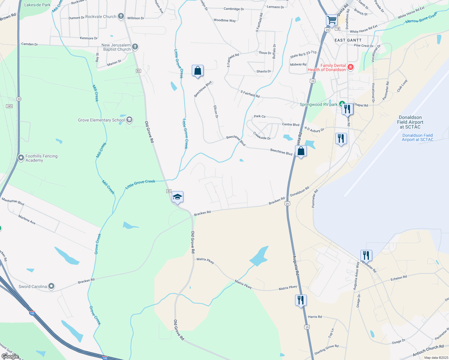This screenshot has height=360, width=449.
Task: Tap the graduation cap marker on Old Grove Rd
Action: click(x=177, y=197)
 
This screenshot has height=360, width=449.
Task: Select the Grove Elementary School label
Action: click(x=101, y=120)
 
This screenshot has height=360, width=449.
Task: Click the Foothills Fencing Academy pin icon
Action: click(x=21, y=157)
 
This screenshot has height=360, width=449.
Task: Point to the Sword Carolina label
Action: click(x=33, y=286)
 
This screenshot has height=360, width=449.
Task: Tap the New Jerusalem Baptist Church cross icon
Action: click(x=135, y=46)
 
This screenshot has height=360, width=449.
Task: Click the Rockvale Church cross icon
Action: click(x=121, y=16)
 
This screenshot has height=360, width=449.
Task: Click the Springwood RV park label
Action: click(x=319, y=105)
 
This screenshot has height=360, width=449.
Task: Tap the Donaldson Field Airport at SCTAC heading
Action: click(x=410, y=122)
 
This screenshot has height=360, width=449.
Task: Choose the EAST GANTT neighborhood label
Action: click(x=348, y=40)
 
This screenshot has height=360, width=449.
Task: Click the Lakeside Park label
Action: click(x=38, y=5)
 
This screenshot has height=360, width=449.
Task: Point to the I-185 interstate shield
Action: click(x=32, y=313)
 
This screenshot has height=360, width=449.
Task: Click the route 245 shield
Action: click(x=9, y=106)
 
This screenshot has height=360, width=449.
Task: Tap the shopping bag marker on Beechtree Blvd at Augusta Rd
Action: click(x=301, y=151)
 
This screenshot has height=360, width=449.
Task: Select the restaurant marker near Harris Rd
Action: click(x=301, y=300)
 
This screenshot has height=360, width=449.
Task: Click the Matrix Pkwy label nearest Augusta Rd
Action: click(x=288, y=288)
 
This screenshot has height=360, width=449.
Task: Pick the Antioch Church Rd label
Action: click(x=428, y=350)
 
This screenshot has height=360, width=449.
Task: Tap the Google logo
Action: click(x=10, y=356)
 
